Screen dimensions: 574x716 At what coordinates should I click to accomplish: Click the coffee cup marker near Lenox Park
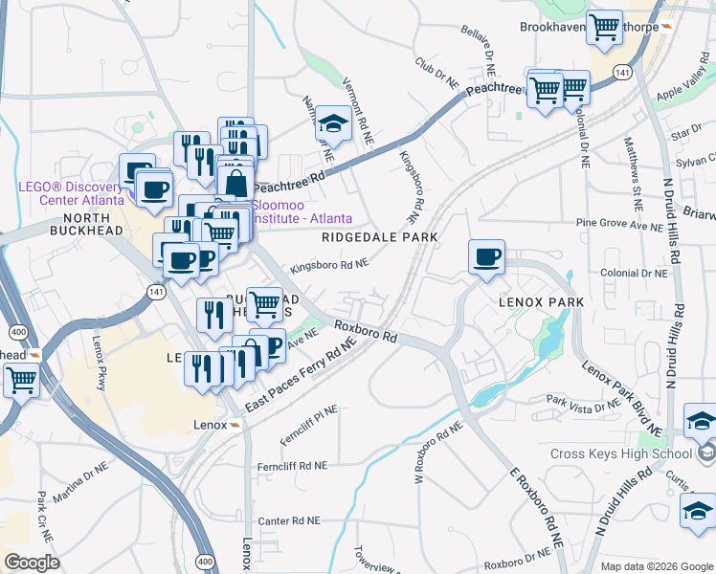486,257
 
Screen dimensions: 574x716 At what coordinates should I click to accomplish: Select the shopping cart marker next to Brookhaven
604,29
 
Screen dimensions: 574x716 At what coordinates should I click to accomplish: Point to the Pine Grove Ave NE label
619,226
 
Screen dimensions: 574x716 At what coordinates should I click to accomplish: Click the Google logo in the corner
31,563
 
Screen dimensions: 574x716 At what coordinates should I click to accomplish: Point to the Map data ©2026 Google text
655,566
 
